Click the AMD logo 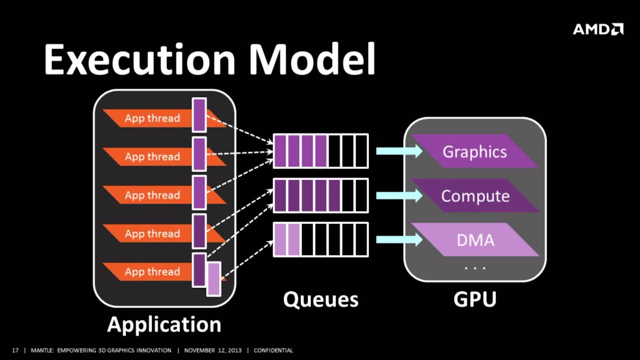click(x=598, y=29)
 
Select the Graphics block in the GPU click(x=474, y=151)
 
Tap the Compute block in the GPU click(x=475, y=196)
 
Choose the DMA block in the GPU click(x=475, y=240)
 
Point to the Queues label click(x=320, y=299)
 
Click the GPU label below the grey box click(x=474, y=299)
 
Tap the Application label click(x=164, y=324)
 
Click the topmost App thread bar click(x=152, y=118)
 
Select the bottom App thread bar click(x=152, y=271)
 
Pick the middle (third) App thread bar click(x=152, y=195)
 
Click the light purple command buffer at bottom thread click(x=214, y=278)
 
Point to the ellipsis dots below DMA click(x=475, y=268)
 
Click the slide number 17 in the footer click(x=15, y=350)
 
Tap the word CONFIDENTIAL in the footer click(x=273, y=350)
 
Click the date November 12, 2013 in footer click(x=212, y=350)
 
